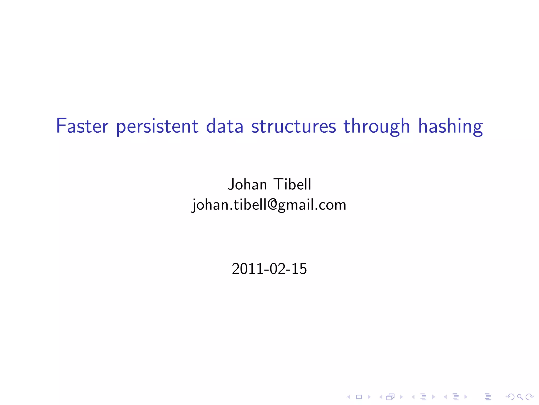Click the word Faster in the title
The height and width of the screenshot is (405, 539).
pos(82,126)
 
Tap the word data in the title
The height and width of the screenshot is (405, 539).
pos(224,126)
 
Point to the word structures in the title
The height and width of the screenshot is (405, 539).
pos(294,126)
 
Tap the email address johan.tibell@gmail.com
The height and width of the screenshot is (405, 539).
pos(269,205)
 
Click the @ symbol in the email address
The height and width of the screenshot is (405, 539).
pos(273,205)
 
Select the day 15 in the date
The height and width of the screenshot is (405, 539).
pos(299,269)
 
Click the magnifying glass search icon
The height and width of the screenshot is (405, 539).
pos(520,397)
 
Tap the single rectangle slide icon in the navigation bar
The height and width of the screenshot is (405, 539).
pos(359,397)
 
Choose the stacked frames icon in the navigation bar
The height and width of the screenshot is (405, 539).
pos(390,397)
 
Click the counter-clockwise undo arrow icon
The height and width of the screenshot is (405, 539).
pos(510,397)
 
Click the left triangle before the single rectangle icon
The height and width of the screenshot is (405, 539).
pos(349,397)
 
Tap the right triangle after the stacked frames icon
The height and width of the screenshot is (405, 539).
pos(401,397)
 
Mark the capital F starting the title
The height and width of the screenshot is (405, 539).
pos(61,126)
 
